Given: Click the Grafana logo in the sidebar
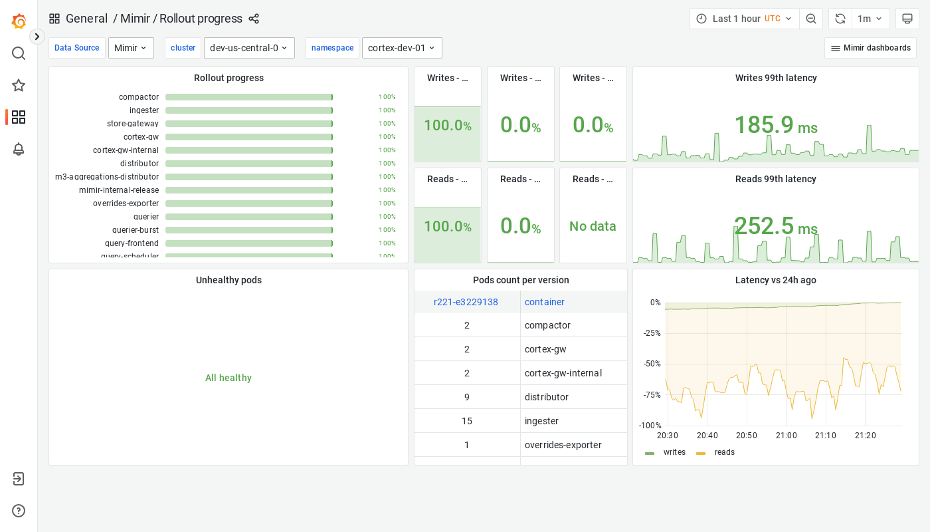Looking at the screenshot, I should [x=19, y=21].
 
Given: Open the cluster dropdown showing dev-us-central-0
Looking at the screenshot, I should [x=248, y=48].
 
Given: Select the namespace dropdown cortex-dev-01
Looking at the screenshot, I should [x=401, y=48].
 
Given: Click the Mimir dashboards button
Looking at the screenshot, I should [x=870, y=48].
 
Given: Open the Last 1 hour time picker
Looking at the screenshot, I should [x=744, y=19].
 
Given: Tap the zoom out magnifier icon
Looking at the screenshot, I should [x=811, y=19].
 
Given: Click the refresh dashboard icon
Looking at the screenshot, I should [x=840, y=19].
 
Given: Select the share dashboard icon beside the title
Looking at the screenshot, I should [x=254, y=19].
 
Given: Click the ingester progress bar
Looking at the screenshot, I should [x=248, y=110].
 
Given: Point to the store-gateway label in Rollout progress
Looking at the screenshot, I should [x=133, y=124].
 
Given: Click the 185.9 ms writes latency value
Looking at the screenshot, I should [x=775, y=125].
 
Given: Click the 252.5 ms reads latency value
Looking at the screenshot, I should [x=775, y=226].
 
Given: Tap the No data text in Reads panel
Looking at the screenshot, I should [x=593, y=226].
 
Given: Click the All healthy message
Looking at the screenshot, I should [x=229, y=378].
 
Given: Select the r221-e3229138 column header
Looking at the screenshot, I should [x=466, y=302].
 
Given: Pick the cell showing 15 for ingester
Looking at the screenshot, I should [x=467, y=421].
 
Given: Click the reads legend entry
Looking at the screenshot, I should [x=724, y=452].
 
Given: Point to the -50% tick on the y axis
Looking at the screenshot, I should [x=652, y=364].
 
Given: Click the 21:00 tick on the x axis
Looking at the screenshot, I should [x=787, y=436].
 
